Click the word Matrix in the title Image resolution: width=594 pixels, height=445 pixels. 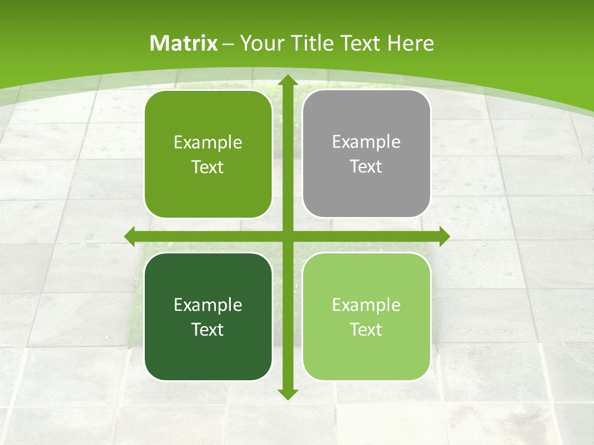[x=184, y=43]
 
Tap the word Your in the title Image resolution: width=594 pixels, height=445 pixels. [x=259, y=43]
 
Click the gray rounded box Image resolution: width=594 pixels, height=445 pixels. [x=366, y=154]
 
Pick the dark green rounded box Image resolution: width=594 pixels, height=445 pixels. [x=208, y=316]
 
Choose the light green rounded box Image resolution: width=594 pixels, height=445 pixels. [x=366, y=316]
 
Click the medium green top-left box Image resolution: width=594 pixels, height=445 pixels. [x=208, y=154]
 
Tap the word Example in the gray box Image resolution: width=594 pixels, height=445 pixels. [x=366, y=142]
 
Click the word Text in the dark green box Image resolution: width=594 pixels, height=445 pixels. [x=208, y=329]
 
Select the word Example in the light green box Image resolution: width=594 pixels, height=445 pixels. [x=366, y=305]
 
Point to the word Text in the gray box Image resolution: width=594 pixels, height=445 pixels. [x=366, y=167]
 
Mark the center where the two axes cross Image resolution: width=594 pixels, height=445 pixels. [x=286, y=236]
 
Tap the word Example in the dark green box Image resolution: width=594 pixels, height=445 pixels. [x=208, y=305]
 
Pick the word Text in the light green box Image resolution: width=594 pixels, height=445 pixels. [x=366, y=329]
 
